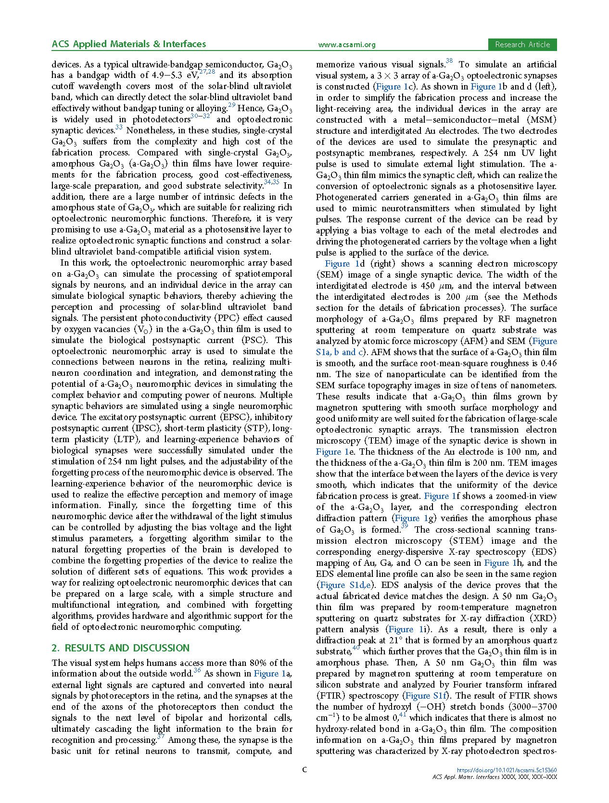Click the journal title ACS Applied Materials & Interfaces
[x=128, y=44]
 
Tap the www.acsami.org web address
[x=346, y=45]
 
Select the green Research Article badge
[x=522, y=45]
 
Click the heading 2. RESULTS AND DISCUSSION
[x=121, y=648]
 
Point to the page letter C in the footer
[x=304, y=770]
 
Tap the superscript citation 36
[x=197, y=670]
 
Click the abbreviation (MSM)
[x=541, y=120]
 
